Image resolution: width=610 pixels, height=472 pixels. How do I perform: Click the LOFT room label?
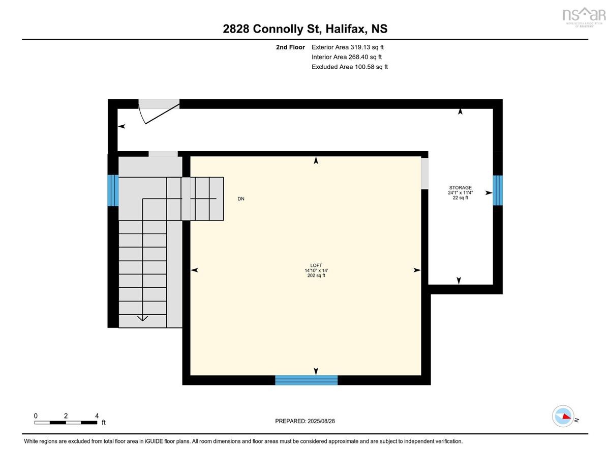point(316,265)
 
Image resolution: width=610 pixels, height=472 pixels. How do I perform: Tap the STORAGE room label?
point(461,187)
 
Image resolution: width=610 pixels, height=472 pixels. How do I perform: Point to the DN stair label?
point(241,199)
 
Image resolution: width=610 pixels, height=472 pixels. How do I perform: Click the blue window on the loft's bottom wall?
point(306,380)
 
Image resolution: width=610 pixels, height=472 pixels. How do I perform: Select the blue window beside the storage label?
point(498,190)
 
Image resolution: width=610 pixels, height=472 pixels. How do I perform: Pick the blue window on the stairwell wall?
point(113,190)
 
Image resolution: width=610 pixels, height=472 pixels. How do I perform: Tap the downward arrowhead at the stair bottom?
point(142,318)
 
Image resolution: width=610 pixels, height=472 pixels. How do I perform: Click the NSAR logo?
point(584,17)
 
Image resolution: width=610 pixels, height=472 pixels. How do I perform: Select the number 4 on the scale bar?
point(97,415)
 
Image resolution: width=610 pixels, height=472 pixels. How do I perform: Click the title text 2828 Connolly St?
point(272,29)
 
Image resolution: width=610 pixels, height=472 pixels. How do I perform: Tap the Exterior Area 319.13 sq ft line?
point(348,47)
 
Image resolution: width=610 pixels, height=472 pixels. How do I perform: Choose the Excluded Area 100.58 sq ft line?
point(350,67)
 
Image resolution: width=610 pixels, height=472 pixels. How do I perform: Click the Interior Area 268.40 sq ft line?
point(347,57)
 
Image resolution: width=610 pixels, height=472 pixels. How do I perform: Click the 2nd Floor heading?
point(290,47)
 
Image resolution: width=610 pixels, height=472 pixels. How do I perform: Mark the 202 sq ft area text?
point(316,275)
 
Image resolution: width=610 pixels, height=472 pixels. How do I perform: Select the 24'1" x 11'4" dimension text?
point(461,192)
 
